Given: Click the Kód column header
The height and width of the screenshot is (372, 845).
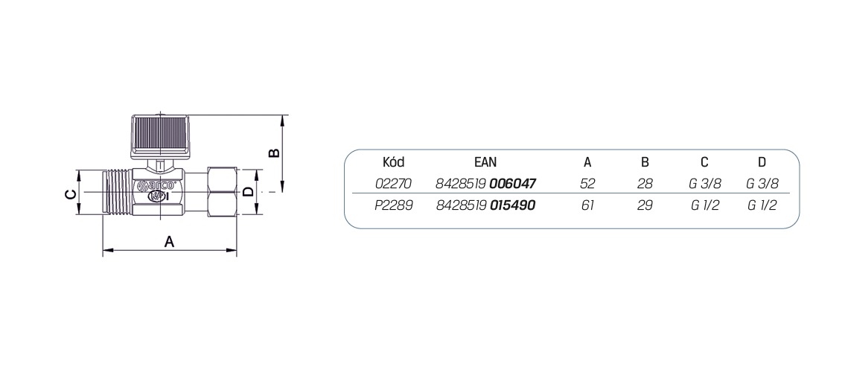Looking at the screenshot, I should (x=393, y=162).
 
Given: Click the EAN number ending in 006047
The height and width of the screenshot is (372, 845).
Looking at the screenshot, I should (x=486, y=183).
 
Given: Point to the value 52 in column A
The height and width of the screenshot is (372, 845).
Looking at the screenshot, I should (x=587, y=183).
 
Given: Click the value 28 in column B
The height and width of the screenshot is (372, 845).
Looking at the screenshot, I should (x=645, y=183).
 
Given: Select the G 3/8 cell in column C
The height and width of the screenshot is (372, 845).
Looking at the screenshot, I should (x=705, y=183).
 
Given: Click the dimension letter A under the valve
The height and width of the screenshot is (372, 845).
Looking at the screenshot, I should (x=170, y=242).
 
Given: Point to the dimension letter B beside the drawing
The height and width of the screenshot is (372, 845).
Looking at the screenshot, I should (x=273, y=153).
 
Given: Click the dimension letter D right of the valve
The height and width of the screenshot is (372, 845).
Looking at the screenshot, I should (x=249, y=192).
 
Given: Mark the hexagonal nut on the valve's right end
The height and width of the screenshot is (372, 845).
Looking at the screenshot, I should (x=221, y=192).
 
